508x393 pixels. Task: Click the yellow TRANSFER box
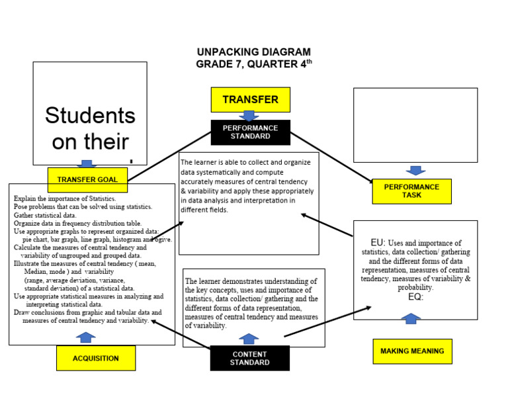(x=250, y=99)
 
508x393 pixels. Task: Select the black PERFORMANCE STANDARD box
(x=250, y=132)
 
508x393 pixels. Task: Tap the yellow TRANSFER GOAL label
(x=87, y=179)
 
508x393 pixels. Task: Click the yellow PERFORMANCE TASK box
(x=411, y=191)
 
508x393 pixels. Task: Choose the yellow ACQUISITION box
(x=96, y=358)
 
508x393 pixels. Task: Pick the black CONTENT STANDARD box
(x=250, y=358)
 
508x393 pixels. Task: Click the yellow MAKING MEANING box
(x=412, y=351)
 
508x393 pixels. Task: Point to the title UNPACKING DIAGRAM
(x=253, y=52)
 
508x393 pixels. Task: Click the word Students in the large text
(x=90, y=116)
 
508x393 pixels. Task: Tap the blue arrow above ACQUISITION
(x=85, y=337)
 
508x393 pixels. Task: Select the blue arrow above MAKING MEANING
(x=411, y=318)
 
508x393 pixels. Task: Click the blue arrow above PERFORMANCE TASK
(x=415, y=171)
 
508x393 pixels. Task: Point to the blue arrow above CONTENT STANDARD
(x=249, y=338)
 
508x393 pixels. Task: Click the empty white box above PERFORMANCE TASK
(x=415, y=124)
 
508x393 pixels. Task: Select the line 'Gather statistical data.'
(x=46, y=215)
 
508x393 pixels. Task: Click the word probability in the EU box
(x=415, y=288)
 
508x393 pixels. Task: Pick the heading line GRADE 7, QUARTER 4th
(x=253, y=64)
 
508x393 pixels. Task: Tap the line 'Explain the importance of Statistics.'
(x=65, y=198)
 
